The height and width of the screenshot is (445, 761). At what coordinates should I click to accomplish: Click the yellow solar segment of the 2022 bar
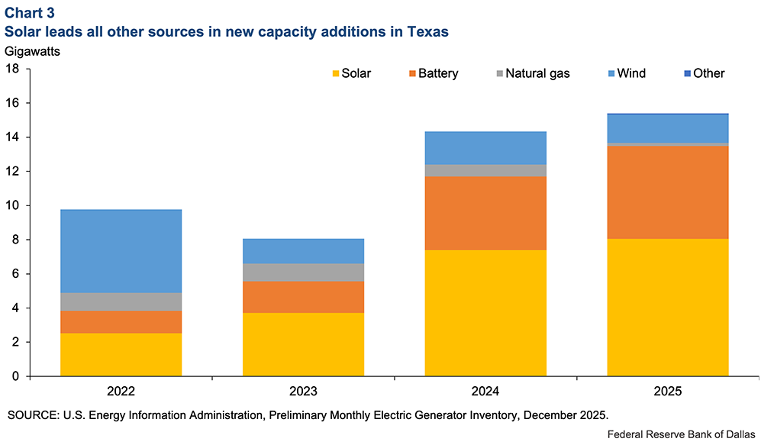[121, 354]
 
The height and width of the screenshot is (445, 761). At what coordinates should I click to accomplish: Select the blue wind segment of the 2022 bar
[121, 250]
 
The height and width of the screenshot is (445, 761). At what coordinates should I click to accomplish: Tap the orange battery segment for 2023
[303, 297]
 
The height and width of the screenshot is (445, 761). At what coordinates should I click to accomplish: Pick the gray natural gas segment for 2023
[303, 272]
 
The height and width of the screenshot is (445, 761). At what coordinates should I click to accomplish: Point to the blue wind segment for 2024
[485, 147]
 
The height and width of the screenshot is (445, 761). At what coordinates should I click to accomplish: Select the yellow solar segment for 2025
[667, 307]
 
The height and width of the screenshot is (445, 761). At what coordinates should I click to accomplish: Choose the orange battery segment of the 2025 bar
[667, 192]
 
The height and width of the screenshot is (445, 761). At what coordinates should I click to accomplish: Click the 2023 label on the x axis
[303, 392]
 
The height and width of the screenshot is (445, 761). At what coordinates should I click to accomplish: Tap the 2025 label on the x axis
[667, 392]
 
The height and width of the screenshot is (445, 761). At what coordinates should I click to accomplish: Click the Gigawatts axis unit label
[34, 52]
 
